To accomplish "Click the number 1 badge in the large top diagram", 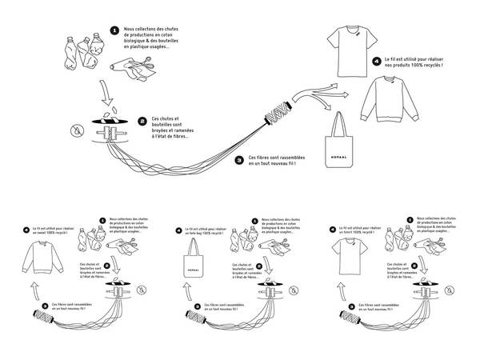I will tap(114, 29).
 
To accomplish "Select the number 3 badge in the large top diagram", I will tap(238, 159).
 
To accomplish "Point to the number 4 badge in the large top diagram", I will tap(376, 60).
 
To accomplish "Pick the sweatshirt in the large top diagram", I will tap(390, 102).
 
